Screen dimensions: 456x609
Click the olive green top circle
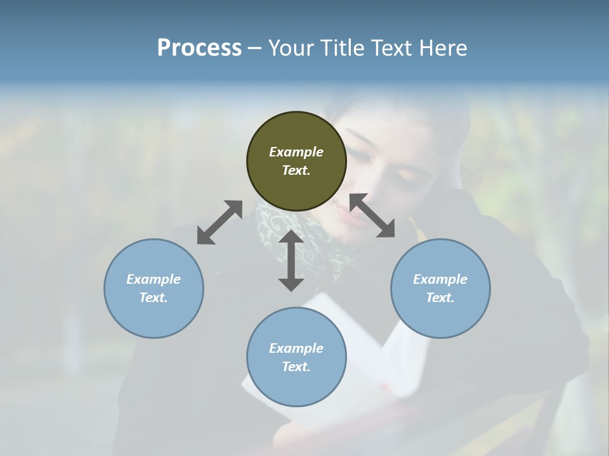(x=296, y=161)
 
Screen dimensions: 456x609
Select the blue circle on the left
(x=154, y=288)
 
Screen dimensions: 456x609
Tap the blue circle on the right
(x=440, y=288)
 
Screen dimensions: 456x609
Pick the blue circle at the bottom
(x=296, y=357)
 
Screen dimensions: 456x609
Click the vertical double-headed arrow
(x=291, y=260)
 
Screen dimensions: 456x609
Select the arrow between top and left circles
(x=219, y=222)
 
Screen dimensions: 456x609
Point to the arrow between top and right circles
(x=372, y=215)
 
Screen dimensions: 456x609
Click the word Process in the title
(x=199, y=47)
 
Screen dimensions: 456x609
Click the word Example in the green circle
(x=296, y=152)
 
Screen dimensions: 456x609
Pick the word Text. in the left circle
(x=154, y=298)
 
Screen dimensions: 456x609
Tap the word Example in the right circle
(x=440, y=279)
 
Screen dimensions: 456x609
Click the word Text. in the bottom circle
(x=296, y=367)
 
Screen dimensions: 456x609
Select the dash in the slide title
(x=255, y=47)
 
